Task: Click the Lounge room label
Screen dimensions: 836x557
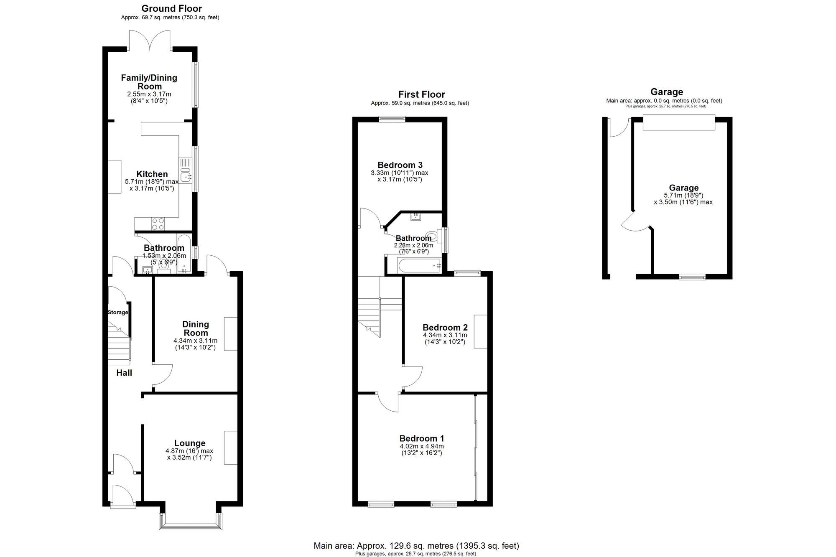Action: click(190, 443)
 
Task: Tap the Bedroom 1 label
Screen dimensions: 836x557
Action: click(422, 438)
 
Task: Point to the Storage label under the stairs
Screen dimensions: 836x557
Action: click(118, 312)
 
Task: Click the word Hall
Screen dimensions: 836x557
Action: click(124, 373)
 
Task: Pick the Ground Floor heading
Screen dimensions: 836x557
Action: click(171, 8)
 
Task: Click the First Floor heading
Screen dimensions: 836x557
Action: click(421, 94)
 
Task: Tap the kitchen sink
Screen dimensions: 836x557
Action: click(185, 171)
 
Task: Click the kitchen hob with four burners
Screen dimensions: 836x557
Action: click(158, 224)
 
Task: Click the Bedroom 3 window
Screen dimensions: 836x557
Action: click(392, 119)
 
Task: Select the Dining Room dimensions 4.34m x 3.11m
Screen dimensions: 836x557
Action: click(195, 341)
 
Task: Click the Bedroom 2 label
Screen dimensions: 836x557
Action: click(445, 327)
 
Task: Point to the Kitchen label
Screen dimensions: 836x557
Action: click(152, 174)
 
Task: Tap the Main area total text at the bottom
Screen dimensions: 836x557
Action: click(416, 546)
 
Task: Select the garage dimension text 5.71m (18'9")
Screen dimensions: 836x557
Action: click(684, 195)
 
